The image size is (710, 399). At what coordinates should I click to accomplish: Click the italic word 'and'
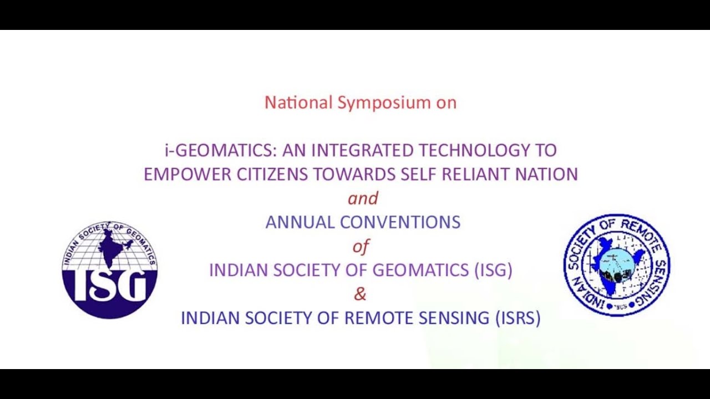point(363,198)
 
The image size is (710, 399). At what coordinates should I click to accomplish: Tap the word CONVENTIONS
point(400,222)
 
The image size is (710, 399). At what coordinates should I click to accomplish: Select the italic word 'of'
point(361,246)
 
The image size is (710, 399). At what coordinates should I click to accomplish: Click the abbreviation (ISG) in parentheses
point(493,270)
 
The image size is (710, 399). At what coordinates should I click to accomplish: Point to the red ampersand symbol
point(361,294)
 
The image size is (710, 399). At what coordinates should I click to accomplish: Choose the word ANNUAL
point(300,222)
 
